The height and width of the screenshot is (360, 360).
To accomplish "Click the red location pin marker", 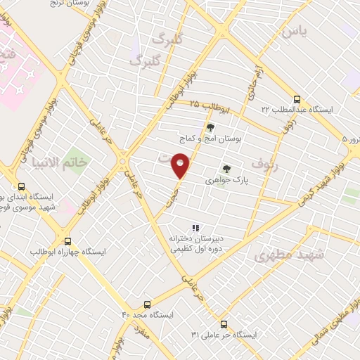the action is tap(181, 165).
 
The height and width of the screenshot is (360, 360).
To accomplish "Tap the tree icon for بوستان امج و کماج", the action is tap(210, 127).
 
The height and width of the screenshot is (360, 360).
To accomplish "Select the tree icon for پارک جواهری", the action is tap(226, 169).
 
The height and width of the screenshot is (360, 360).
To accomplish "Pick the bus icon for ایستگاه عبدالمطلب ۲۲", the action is tap(297, 100).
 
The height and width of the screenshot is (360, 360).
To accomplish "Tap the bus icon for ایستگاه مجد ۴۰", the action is tap(147, 304).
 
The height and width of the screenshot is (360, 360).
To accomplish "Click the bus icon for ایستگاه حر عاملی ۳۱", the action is tap(224, 324).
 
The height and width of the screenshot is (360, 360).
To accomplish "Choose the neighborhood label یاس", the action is tap(294, 32).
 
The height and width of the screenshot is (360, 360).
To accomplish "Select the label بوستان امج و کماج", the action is tap(212, 139).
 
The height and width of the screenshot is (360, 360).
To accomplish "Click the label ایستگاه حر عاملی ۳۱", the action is tap(224, 334).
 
